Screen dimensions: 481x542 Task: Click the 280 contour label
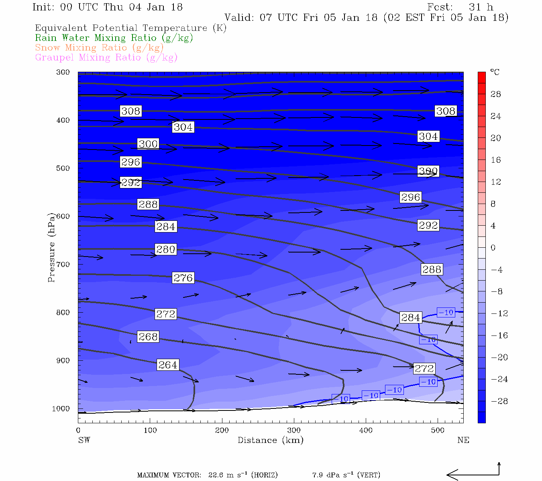click(165, 249)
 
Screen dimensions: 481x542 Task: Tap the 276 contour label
click(183, 277)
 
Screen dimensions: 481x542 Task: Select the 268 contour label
click(148, 337)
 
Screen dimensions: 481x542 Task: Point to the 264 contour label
click(167, 365)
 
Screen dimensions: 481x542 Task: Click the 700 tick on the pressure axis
click(63, 265)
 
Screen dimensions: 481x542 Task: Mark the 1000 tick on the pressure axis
click(61, 409)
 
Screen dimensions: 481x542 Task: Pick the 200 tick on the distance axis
click(222, 430)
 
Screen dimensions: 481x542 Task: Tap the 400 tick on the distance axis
click(366, 430)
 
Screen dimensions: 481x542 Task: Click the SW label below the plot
click(84, 440)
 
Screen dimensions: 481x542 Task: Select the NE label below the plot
click(463, 440)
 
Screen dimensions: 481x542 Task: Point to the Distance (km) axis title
click(270, 440)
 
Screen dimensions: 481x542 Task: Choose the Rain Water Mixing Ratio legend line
click(114, 38)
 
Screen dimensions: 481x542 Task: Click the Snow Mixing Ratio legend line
click(99, 48)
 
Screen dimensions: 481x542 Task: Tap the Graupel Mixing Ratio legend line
click(106, 58)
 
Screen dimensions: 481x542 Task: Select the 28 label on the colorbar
click(496, 94)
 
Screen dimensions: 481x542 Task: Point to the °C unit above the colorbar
click(495, 73)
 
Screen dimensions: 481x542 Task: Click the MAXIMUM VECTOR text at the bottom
click(169, 475)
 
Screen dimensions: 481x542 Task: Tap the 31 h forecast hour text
click(481, 7)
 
